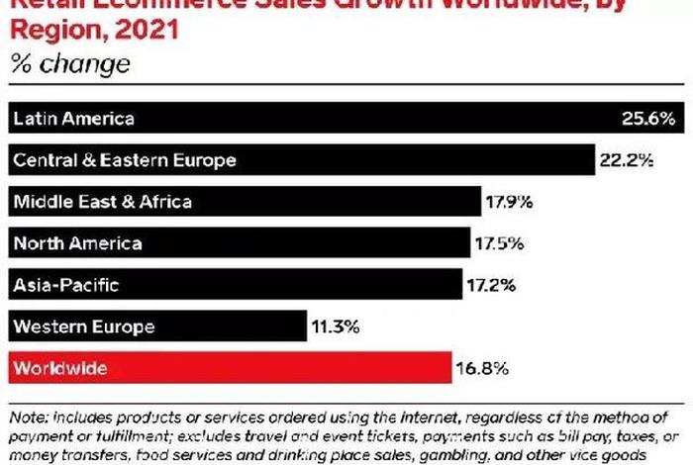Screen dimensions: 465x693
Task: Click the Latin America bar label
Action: pyautogui.click(x=73, y=119)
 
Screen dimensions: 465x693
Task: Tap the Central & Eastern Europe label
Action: pyautogui.click(x=124, y=160)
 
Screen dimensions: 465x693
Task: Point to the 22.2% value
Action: pyautogui.click(x=626, y=160)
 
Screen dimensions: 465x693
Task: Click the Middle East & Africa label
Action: pyautogui.click(x=102, y=202)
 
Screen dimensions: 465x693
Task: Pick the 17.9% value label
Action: pyautogui.click(x=509, y=202)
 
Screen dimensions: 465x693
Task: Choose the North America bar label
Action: pyautogui.click(x=77, y=243)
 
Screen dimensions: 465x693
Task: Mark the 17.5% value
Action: pyautogui.click(x=501, y=243)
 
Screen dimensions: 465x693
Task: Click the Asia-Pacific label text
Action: pyautogui.click(x=66, y=285)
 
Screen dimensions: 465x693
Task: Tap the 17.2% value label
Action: pyautogui.click(x=490, y=285)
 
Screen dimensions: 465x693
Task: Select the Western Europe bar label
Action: pyautogui.click(x=84, y=326)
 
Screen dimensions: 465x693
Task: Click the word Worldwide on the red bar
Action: pyautogui.click(x=60, y=368)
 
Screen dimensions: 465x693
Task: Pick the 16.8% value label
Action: pyautogui.click(x=482, y=368)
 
